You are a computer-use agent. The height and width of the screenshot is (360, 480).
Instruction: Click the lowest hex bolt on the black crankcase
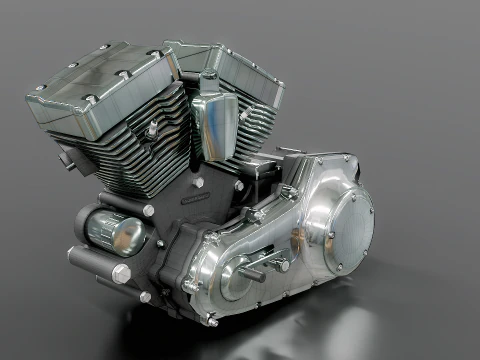(146, 296)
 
